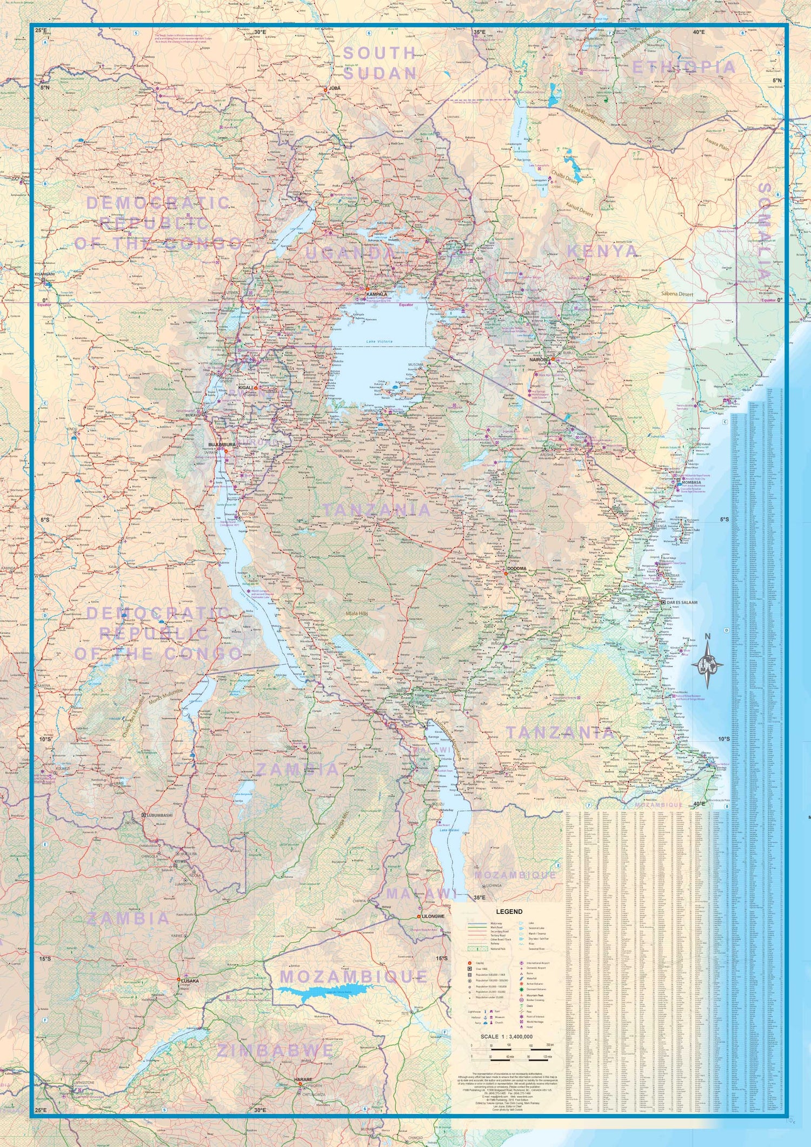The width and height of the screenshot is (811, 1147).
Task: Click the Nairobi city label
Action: (539, 359)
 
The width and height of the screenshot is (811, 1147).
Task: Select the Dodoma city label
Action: (516, 568)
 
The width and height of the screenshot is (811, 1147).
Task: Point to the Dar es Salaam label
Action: (682, 602)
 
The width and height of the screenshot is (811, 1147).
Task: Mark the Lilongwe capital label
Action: (434, 916)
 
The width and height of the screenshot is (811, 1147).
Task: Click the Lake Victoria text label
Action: (378, 342)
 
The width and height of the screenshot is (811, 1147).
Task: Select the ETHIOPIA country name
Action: (684, 68)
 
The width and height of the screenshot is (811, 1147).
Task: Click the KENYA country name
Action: (602, 251)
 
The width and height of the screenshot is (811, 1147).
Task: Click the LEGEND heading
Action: (509, 911)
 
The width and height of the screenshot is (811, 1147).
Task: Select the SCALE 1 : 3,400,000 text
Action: (507, 1037)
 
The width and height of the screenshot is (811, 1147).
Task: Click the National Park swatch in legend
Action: (477, 949)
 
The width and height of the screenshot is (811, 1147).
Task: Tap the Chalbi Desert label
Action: (564, 179)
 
